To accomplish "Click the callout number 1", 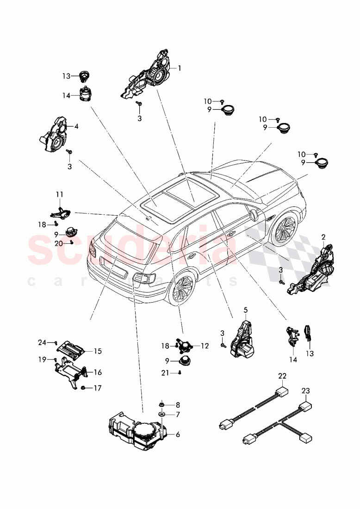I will point(180,68).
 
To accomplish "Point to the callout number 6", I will point(177,435).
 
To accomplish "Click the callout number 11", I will point(60,194).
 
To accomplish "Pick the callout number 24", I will point(42,342).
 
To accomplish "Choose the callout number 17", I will point(98,388).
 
